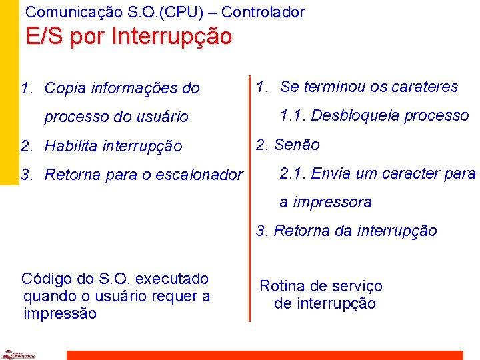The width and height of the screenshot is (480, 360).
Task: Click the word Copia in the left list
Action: (x=65, y=88)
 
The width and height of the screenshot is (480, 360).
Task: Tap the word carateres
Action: (x=426, y=87)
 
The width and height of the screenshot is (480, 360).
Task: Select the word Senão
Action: (x=297, y=145)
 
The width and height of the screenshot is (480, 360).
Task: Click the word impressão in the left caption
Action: (x=59, y=313)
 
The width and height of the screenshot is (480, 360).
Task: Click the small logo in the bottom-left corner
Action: (x=19, y=354)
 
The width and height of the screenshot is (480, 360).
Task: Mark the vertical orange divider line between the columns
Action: (x=250, y=200)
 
